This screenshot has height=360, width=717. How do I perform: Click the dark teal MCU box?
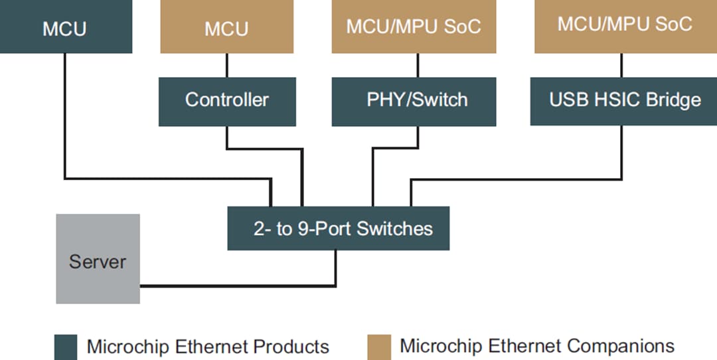[x=65, y=28]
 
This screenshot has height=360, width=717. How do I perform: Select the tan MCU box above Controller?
[x=226, y=29]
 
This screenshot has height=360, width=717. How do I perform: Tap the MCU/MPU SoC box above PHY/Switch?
[x=414, y=27]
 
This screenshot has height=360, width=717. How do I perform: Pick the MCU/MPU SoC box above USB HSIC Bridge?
[x=625, y=25]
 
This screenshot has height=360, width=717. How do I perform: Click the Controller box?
[x=227, y=100]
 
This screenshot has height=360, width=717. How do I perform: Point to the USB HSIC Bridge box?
[x=625, y=100]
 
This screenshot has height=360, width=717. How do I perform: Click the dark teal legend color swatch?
[x=66, y=347]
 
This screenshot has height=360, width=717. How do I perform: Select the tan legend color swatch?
[x=378, y=347]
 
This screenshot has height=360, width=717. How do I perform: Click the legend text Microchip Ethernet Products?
[x=208, y=347]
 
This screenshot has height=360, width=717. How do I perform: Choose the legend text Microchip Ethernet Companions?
[x=537, y=346]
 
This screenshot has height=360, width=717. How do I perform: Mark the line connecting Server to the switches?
[x=239, y=286]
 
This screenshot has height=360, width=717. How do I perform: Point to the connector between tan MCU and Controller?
[x=227, y=65]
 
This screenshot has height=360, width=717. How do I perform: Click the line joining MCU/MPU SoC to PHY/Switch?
[x=418, y=65]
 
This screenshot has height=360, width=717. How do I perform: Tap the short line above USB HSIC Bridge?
[x=621, y=65]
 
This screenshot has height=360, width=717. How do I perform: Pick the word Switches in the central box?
[x=395, y=228]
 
